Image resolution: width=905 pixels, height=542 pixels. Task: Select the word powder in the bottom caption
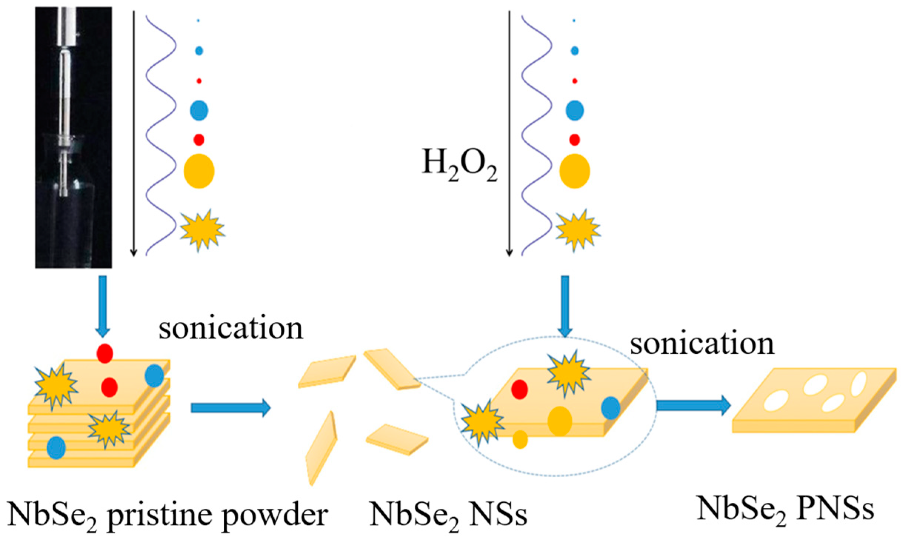tap(275, 515)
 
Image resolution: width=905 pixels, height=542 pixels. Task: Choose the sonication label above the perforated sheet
tap(702, 344)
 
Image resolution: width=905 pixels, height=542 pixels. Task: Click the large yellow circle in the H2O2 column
tap(574, 171)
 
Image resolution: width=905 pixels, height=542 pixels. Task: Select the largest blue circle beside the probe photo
tap(199, 110)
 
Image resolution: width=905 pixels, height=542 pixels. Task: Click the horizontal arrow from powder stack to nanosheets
tap(230, 408)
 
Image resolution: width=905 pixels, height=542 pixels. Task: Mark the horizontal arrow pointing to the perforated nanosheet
tap(693, 405)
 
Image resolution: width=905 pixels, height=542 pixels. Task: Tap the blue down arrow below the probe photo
tap(103, 306)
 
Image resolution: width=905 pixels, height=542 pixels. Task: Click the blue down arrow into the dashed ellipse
tap(565, 306)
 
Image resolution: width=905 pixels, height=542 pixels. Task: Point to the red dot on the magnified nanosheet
tap(519, 389)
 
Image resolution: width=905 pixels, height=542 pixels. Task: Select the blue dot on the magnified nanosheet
tap(611, 408)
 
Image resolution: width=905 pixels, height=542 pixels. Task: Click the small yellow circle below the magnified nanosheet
tap(520, 439)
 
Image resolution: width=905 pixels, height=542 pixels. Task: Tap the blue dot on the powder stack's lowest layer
tap(56, 448)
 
